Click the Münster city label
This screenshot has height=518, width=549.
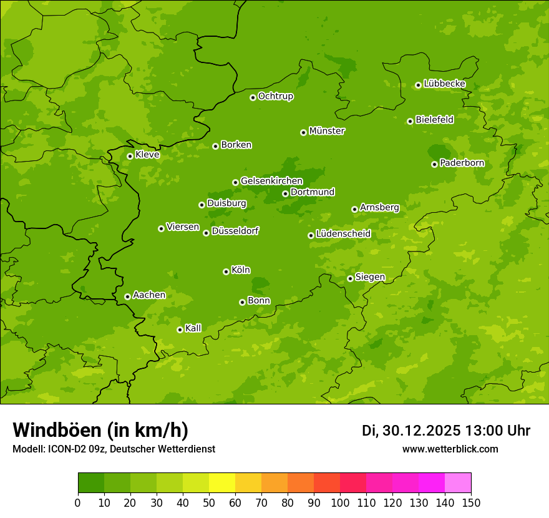pyautogui.click(x=327, y=131)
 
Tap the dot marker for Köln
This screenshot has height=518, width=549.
pyautogui.click(x=226, y=271)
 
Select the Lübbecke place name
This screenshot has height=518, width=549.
pyautogui.click(x=444, y=84)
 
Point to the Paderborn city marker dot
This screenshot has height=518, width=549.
pyautogui.click(x=434, y=164)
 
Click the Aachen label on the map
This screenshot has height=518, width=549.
pyautogui.click(x=149, y=295)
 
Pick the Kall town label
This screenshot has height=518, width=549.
pyautogui.click(x=193, y=328)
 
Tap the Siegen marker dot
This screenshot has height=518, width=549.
pyautogui.click(x=350, y=278)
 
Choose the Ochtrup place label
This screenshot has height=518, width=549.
pyautogui.click(x=275, y=96)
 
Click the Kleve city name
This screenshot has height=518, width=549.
pyautogui.click(x=147, y=155)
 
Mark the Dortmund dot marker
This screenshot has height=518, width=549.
pyautogui.click(x=285, y=193)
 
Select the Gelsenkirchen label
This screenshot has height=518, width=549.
pyautogui.click(x=271, y=181)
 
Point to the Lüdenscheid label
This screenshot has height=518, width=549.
pyautogui.click(x=343, y=234)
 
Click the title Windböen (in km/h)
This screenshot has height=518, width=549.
pyautogui.click(x=100, y=430)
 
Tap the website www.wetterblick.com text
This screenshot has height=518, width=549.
pyautogui.click(x=450, y=449)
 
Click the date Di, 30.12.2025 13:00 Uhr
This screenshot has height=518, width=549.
pyautogui.click(x=446, y=431)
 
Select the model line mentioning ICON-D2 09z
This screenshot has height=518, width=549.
pyautogui.click(x=114, y=449)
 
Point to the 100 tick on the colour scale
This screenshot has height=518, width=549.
pyautogui.click(x=340, y=502)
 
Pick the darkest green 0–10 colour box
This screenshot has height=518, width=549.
pyautogui.click(x=91, y=483)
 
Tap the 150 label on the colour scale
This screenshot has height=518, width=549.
pyautogui.click(x=471, y=502)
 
